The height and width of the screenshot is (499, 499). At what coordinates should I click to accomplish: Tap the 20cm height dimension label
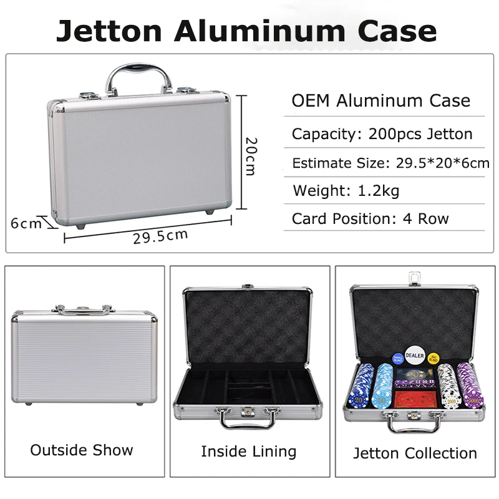tap(250, 155)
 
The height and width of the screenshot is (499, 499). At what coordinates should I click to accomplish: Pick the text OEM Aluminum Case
tap(381, 101)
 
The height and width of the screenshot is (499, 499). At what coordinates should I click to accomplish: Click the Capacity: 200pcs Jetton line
tap(382, 133)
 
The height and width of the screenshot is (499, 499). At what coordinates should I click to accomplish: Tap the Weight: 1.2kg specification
tap(346, 191)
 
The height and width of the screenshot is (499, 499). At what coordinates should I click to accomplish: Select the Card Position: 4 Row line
tap(370, 218)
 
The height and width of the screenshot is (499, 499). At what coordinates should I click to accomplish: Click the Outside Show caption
tap(82, 450)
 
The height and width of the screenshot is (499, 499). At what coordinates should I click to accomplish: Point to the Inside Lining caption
tap(248, 451)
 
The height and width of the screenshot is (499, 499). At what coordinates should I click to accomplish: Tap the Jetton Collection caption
tap(415, 453)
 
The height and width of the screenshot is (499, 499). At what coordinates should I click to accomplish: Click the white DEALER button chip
tap(414, 356)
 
